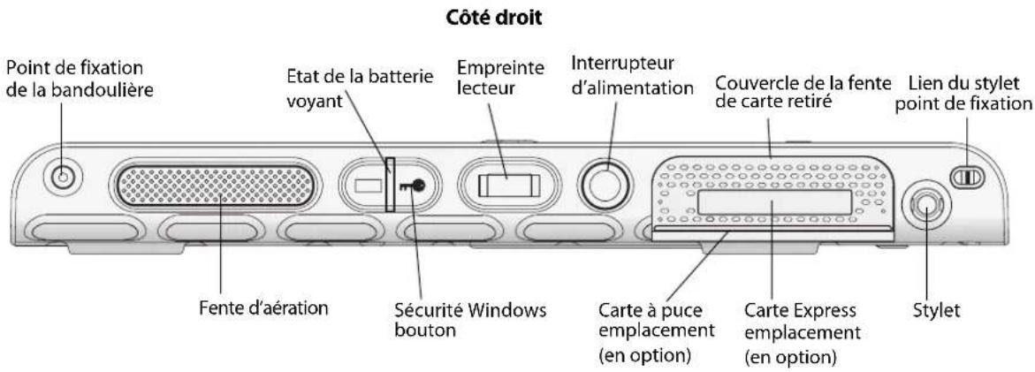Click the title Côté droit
[517, 18]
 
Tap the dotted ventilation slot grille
[217, 186]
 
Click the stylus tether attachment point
[966, 178]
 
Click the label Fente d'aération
[250, 309]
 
